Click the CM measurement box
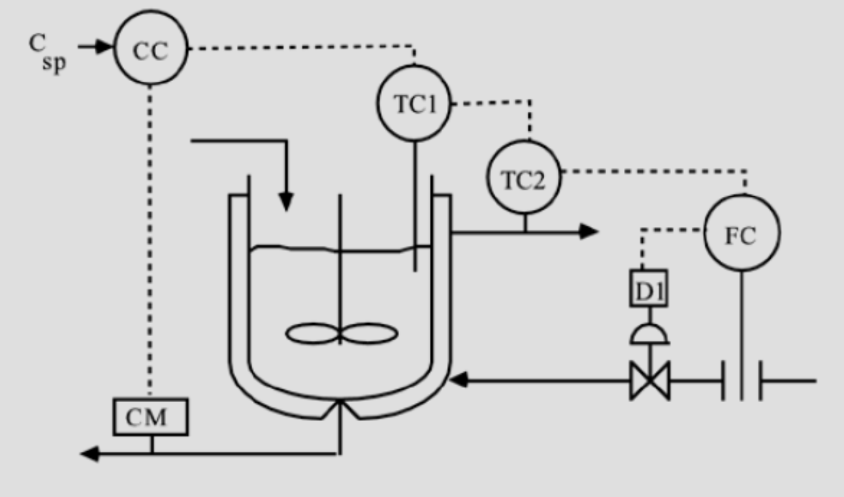tap(151, 417)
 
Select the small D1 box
tap(649, 288)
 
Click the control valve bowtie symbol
tap(649, 380)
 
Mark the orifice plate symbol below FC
tap(742, 380)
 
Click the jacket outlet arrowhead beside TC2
tap(589, 230)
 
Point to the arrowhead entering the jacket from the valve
tap(459, 379)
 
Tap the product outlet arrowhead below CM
tap(89, 453)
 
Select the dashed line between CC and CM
tap(151, 242)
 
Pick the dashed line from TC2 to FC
tap(653, 172)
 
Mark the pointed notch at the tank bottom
tap(340, 408)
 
